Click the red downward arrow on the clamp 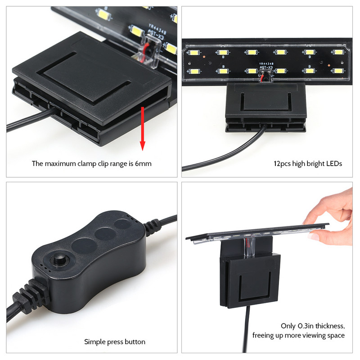(143, 130)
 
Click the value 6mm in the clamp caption (143, 164)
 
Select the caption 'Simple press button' (115, 342)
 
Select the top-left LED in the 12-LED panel (195, 53)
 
